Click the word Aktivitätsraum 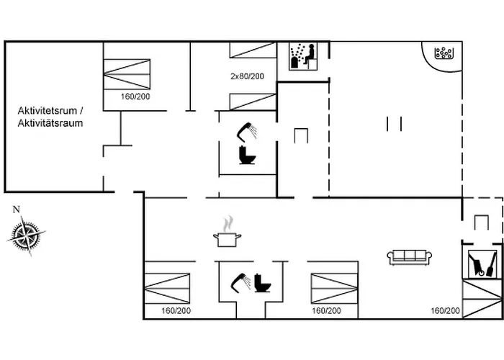click(x=50, y=123)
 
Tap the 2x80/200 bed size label click(x=247, y=76)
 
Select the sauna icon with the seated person click(x=303, y=56)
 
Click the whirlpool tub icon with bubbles click(x=443, y=53)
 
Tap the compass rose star click(x=27, y=236)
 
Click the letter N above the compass click(x=16, y=210)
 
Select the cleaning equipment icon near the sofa click(x=480, y=264)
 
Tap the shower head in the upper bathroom click(x=247, y=131)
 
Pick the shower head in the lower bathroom click(x=239, y=280)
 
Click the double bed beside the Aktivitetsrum click(x=127, y=74)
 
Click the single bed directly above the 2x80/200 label click(x=253, y=50)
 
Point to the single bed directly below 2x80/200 click(x=253, y=102)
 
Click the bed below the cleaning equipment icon click(x=482, y=298)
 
